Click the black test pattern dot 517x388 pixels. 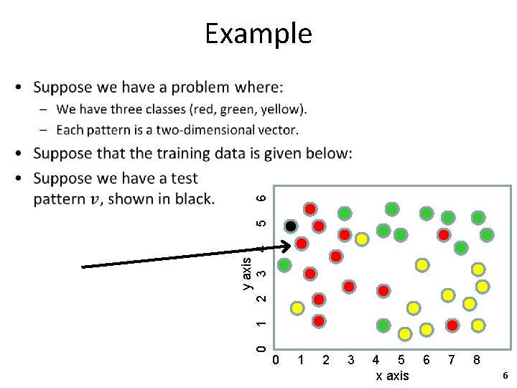(291, 226)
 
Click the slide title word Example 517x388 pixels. (258, 33)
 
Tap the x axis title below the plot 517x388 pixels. (392, 376)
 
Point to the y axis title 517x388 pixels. (247, 273)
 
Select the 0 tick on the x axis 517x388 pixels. (275, 359)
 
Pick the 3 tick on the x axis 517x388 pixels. (350, 359)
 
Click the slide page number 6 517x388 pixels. (505, 376)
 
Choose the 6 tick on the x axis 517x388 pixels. (427, 359)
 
